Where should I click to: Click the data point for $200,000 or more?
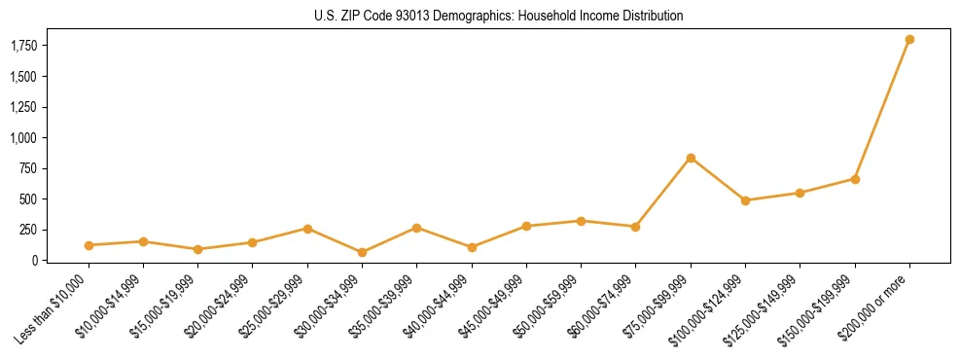pos(909,40)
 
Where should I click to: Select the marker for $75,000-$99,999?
pos(691,158)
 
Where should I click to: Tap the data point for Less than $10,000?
pos(89,245)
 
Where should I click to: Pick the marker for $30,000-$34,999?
pos(362,252)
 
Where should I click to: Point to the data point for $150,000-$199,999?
pos(855,179)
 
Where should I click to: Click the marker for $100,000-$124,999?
pos(745,200)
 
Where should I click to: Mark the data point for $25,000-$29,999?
pos(307,229)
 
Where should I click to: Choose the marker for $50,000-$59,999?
pos(581,221)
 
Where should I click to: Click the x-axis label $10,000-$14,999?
pos(112,305)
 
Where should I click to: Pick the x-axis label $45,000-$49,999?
pos(494,305)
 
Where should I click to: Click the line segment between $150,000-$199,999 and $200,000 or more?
pos(882,109)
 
